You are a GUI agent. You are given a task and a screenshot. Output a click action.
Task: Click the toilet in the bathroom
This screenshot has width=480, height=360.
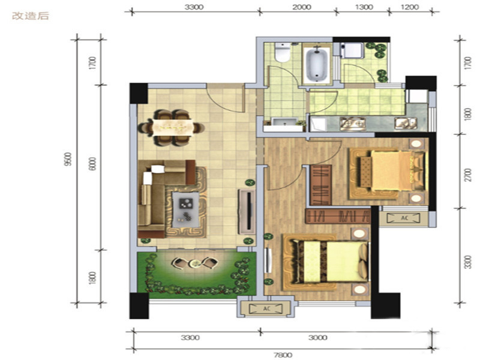coord(282,52)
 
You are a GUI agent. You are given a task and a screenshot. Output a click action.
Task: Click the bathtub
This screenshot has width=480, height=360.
coord(317,64)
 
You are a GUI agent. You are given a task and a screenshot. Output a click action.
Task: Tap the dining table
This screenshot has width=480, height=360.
coord(173,127)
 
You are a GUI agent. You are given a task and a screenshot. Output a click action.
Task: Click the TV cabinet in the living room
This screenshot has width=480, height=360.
coord(247,212)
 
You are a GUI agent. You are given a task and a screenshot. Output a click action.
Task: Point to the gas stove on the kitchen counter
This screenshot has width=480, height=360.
coord(353,124)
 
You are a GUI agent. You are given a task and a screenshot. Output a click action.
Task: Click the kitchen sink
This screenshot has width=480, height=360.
coord(406,123)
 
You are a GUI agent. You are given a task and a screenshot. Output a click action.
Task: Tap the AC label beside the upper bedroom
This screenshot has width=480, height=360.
coord(404,218)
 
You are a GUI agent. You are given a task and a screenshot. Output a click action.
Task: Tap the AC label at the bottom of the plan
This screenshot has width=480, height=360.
coord(266,309)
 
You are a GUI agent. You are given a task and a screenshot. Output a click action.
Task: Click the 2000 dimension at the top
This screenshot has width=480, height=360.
coord(302,7)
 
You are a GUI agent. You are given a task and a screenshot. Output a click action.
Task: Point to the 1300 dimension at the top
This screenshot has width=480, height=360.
coord(364,7)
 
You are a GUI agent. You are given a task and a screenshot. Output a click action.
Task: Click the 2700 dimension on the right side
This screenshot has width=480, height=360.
coord(467,175)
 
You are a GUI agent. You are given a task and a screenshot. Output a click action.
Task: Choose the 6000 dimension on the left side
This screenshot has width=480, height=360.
coord(93,163)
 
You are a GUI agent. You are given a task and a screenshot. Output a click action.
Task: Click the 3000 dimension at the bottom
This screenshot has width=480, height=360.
coord(318,338)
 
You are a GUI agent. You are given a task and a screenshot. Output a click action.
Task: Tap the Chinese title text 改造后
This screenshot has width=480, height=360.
coord(31,16)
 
